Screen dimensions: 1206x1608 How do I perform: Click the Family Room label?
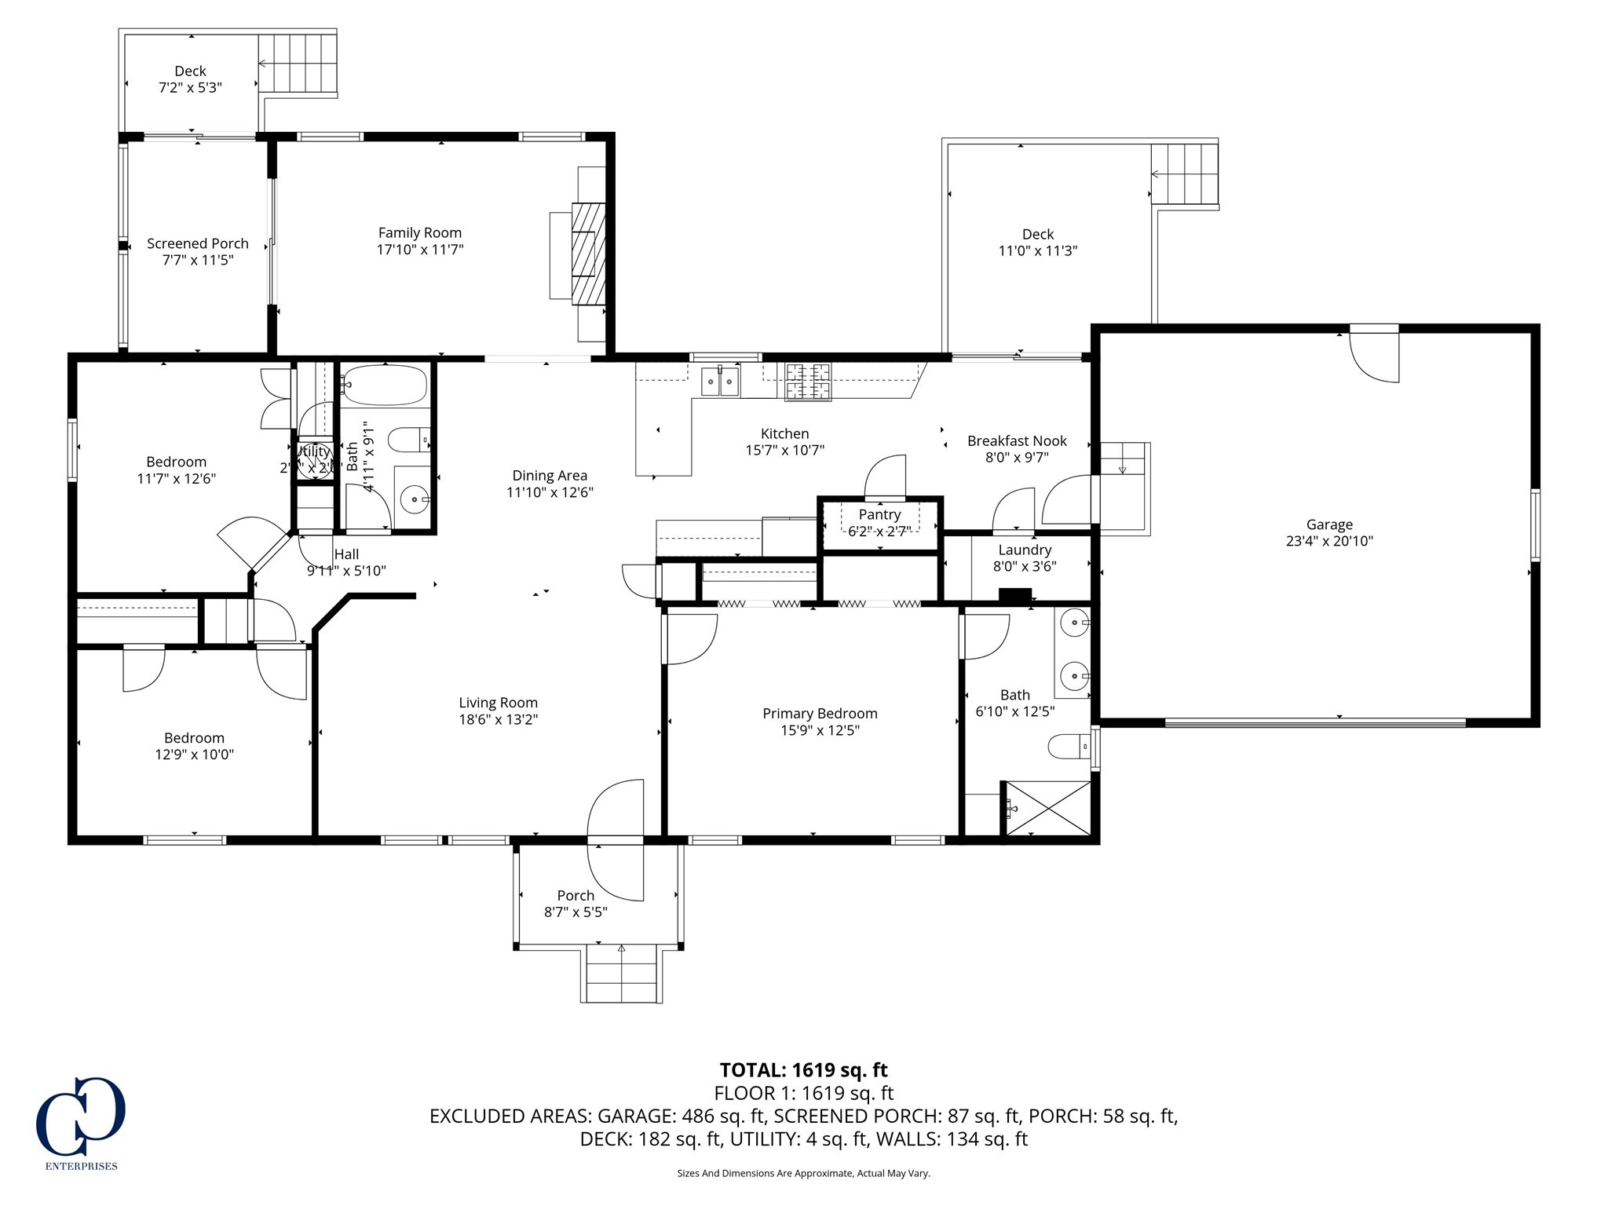[419, 232]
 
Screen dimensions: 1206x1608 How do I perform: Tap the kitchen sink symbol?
[719, 382]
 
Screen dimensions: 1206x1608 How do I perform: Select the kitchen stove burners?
[808, 382]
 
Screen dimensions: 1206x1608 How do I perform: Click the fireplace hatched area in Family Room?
[589, 253]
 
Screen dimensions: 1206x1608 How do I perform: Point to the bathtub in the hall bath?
[384, 385]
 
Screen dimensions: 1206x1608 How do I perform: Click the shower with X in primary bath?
[1048, 807]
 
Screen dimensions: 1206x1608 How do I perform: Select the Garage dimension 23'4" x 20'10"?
[1329, 541]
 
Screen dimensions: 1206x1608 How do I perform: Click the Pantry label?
[879, 514]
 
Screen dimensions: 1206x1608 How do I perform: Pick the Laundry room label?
[1025, 550]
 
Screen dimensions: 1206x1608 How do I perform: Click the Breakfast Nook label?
[1017, 440]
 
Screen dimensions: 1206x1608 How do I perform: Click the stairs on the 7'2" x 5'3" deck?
[298, 62]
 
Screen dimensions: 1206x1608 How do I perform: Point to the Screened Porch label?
[198, 243]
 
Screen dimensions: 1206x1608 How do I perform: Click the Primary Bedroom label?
[820, 713]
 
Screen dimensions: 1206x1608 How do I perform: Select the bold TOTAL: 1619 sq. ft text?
[803, 1070]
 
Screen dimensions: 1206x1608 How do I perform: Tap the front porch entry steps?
[622, 974]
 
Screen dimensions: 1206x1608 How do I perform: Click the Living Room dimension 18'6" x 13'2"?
[498, 719]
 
